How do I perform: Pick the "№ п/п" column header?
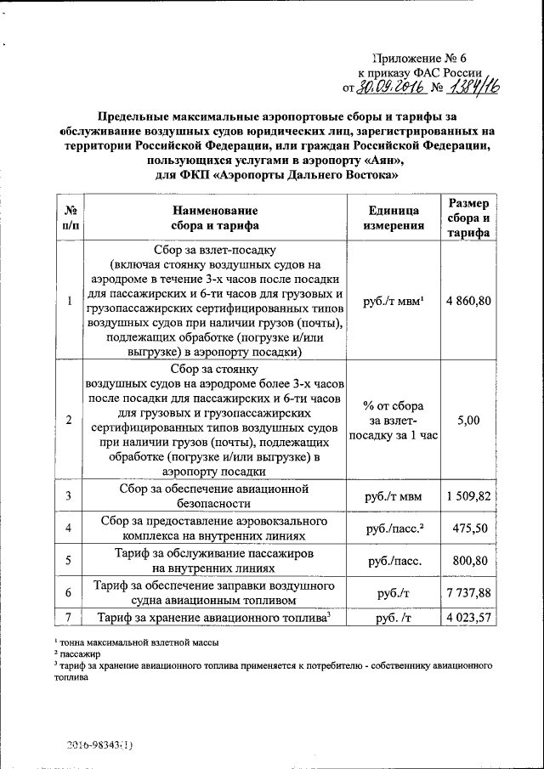[x=67, y=218]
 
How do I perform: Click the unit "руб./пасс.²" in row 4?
[x=394, y=529]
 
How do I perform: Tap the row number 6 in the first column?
[x=68, y=592]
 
